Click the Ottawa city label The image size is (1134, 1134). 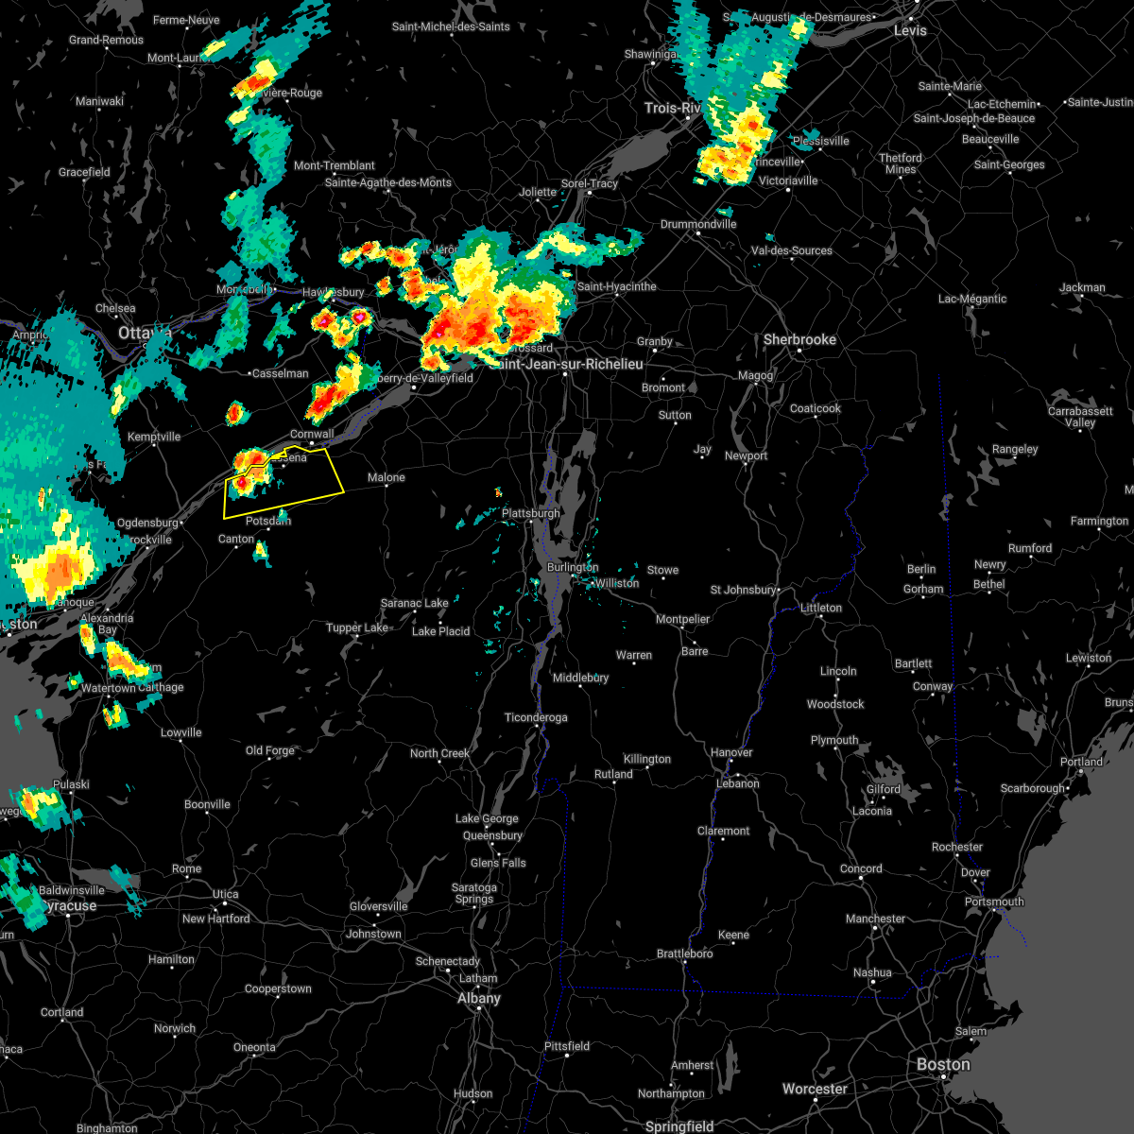click(x=145, y=334)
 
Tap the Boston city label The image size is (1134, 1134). click(x=943, y=1065)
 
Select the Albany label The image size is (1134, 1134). click(x=479, y=998)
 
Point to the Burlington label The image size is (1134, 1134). click(x=573, y=567)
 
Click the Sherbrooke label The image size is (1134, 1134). click(x=799, y=339)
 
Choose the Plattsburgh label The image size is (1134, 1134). click(x=531, y=513)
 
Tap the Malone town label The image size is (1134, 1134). click(x=387, y=477)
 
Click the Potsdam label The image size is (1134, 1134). click(x=268, y=521)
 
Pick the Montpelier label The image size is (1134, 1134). click(x=682, y=619)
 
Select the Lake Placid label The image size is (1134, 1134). click(x=440, y=631)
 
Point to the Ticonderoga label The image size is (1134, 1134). click(x=536, y=717)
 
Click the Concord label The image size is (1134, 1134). click(x=861, y=868)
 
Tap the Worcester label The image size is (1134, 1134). click(x=815, y=1089)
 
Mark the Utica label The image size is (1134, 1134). click(x=225, y=894)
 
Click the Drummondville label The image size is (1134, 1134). click(x=698, y=224)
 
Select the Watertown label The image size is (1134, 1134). click(x=109, y=688)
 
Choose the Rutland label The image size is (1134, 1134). click(x=613, y=774)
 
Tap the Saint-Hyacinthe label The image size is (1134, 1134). click(x=616, y=286)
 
